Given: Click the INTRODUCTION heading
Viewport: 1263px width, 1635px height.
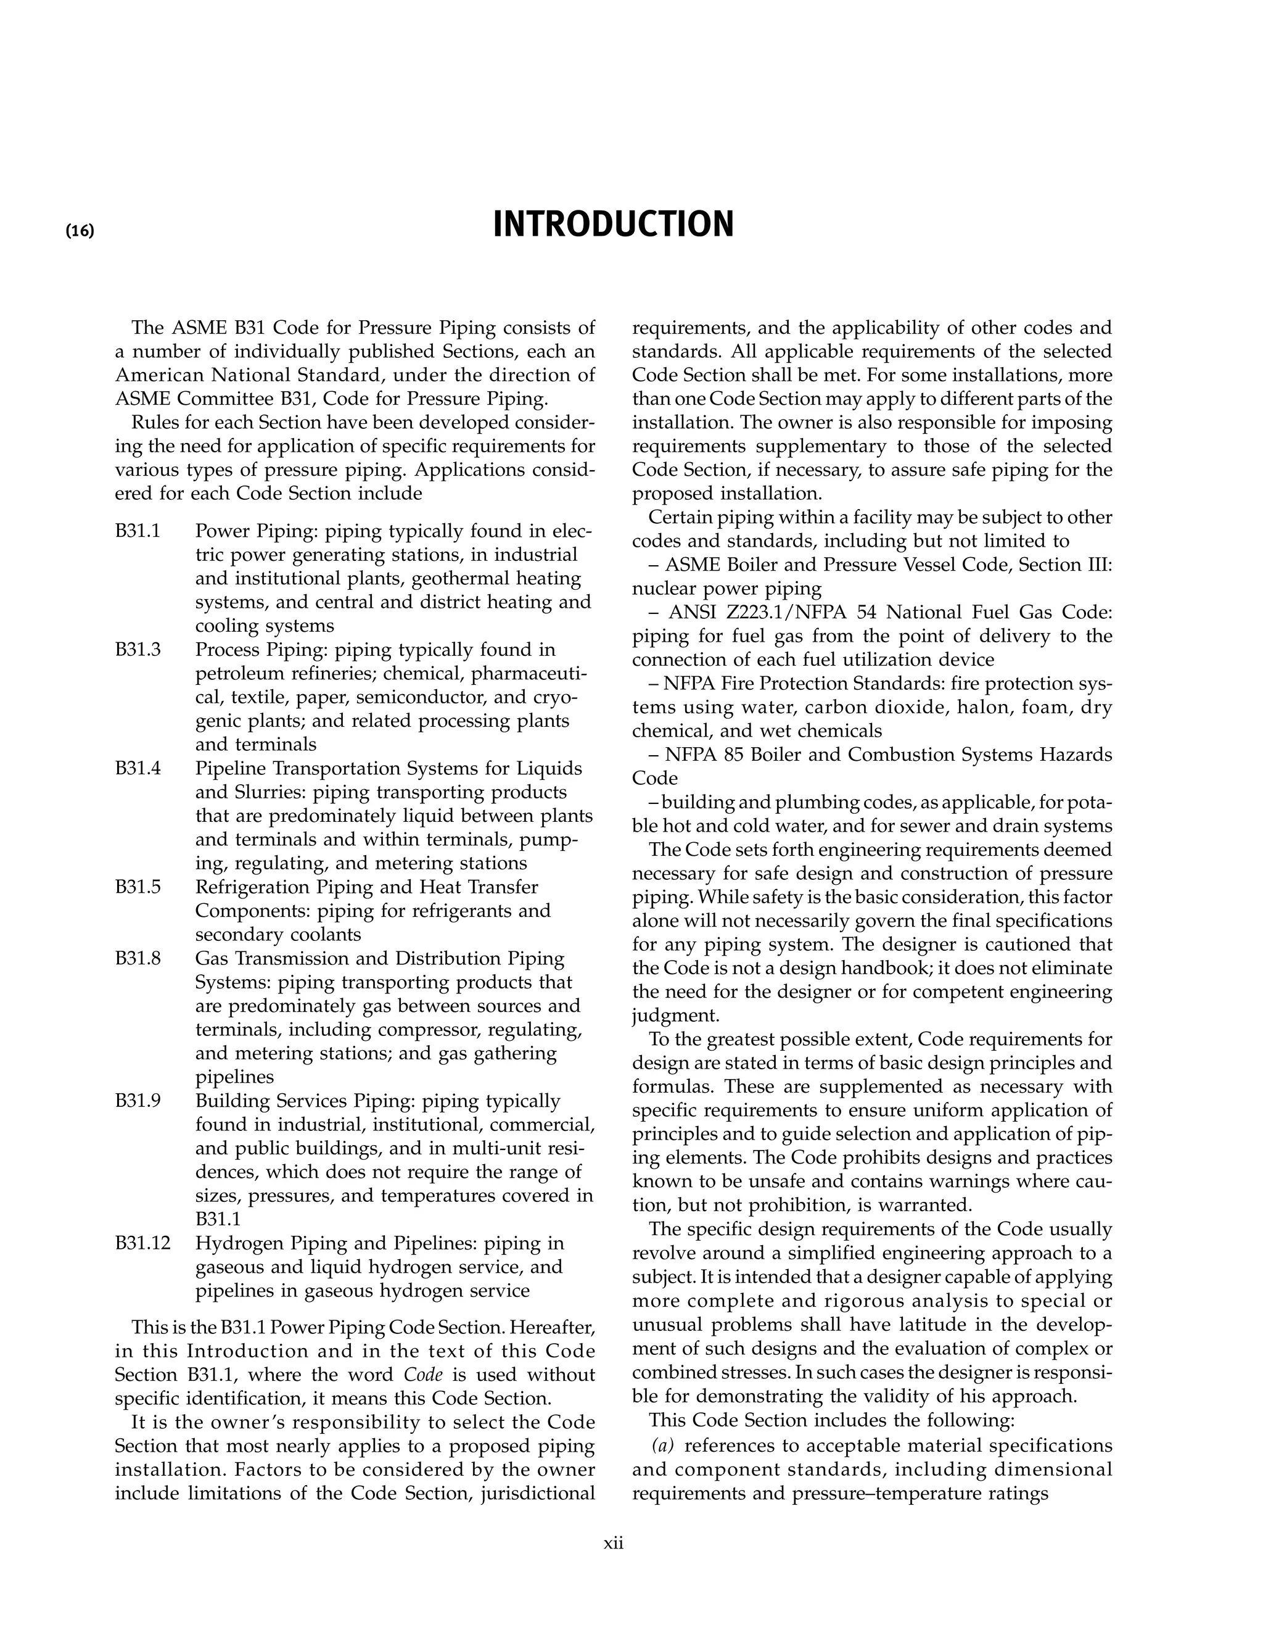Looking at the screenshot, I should click(613, 225).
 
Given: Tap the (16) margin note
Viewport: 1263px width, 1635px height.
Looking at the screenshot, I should click(80, 231).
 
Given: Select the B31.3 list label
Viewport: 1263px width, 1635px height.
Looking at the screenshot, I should click(138, 650).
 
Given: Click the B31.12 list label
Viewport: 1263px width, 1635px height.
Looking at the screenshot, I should click(143, 1243).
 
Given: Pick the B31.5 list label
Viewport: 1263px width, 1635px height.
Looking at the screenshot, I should click(138, 887).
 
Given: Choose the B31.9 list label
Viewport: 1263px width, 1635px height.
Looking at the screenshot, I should click(138, 1101).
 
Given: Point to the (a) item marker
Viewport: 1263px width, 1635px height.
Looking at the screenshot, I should click(662, 1446).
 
